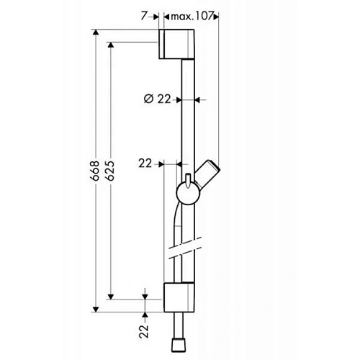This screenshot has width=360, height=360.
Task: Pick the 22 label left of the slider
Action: tap(146, 164)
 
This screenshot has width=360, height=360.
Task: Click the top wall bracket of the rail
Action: tap(177, 45)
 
